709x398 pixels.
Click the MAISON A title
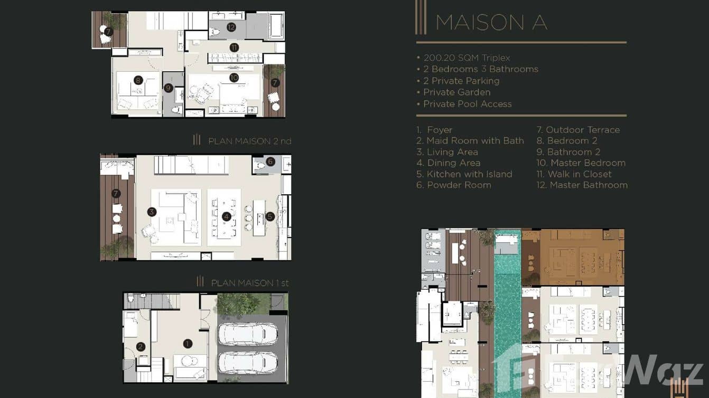[491, 22]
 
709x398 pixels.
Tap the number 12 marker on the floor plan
[231, 27]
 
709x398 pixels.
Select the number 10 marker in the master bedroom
[234, 78]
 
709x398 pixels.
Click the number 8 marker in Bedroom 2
[138, 80]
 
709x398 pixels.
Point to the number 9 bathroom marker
[169, 88]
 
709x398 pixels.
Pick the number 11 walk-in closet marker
[234, 48]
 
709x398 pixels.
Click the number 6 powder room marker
[270, 162]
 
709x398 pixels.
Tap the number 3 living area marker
[152, 212]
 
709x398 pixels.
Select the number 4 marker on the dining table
[226, 216]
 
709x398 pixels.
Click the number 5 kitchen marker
[270, 216]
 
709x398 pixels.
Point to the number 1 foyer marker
[188, 344]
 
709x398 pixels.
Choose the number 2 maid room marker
[141, 347]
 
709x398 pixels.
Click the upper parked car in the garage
[248, 334]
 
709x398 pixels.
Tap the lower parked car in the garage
[248, 363]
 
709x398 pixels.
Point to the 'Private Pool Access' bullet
[467, 104]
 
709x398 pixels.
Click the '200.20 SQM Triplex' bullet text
[467, 58]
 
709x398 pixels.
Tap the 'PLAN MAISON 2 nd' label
[249, 141]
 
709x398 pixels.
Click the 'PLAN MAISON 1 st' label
[250, 283]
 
